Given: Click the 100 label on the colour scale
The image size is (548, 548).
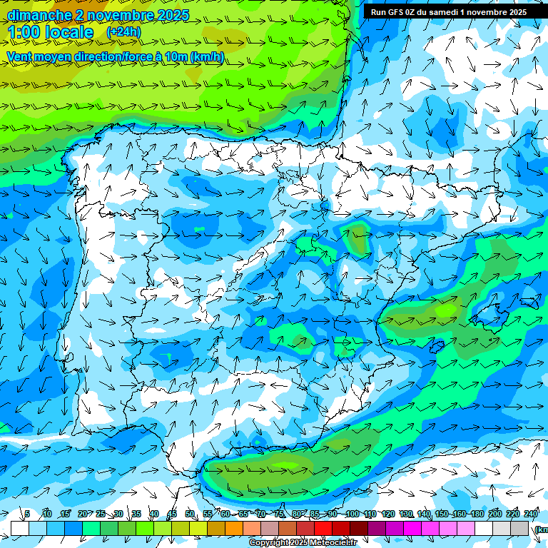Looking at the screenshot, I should click(352, 514).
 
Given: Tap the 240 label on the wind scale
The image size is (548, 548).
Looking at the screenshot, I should click(531, 514).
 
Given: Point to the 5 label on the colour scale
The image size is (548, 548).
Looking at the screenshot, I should click(27, 514).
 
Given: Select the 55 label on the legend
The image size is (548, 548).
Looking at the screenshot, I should click(208, 514).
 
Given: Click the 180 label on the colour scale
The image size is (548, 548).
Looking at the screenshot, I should click(476, 514).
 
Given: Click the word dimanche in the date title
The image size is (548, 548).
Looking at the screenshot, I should click(39, 15).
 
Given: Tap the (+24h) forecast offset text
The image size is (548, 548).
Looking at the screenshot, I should click(123, 32).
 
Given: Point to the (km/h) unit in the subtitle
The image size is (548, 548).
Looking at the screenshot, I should click(208, 57).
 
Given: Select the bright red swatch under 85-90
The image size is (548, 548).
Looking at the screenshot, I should click(323, 528).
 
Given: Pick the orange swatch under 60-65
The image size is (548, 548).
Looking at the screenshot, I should click(234, 528).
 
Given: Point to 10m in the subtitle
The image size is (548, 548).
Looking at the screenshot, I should click(176, 57).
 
